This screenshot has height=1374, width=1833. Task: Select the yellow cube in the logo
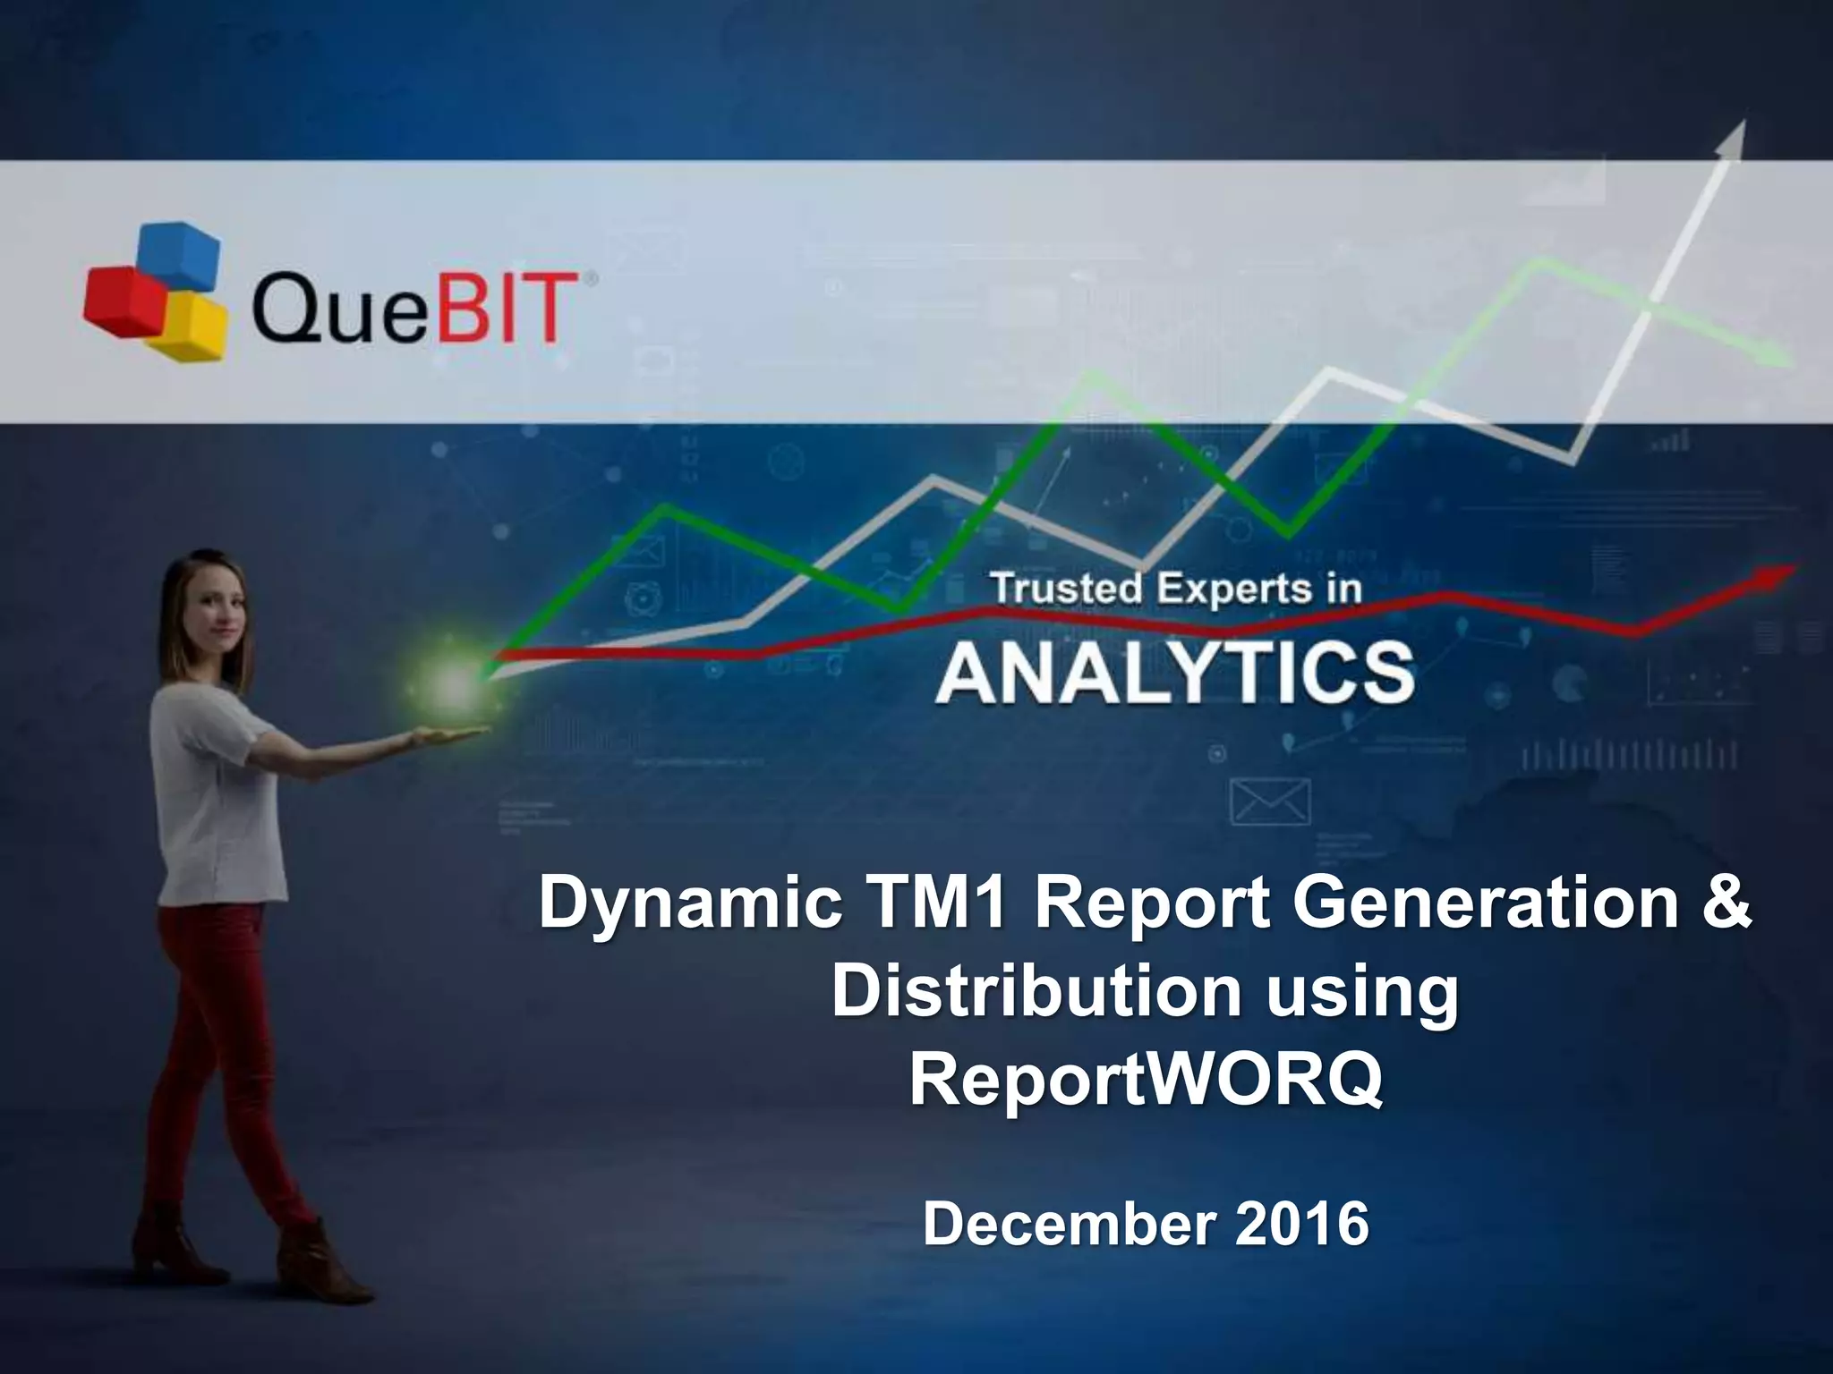(189, 327)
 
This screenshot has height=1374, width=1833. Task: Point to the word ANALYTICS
(1175, 674)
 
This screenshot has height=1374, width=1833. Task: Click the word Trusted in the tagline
(1066, 589)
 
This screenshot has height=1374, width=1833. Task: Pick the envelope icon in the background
(1271, 801)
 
